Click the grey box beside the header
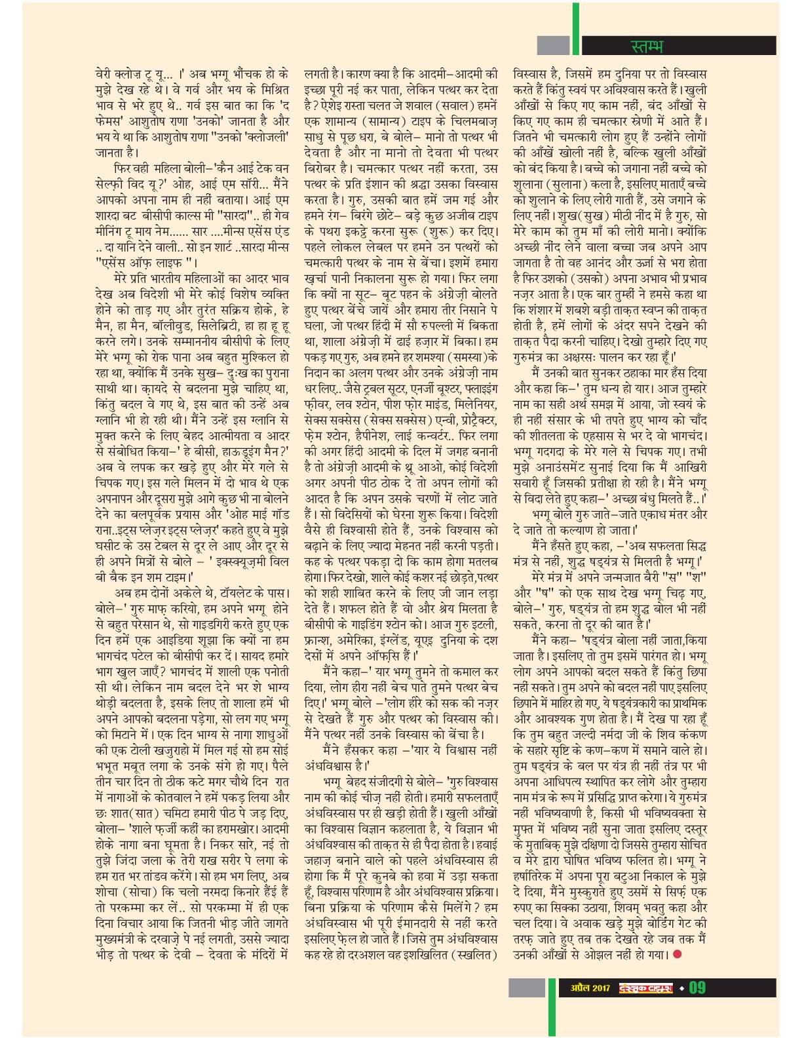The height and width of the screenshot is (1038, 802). tap(554, 45)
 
